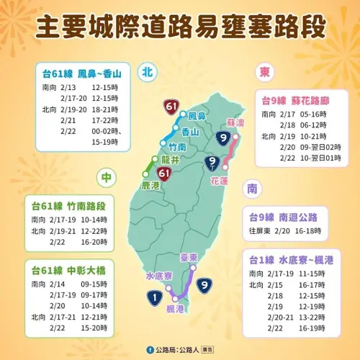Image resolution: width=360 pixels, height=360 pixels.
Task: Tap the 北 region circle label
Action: pyautogui.click(x=148, y=72)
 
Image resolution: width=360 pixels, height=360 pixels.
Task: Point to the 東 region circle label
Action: pyautogui.click(x=264, y=73)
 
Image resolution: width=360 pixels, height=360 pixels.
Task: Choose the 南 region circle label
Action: pyautogui.click(x=252, y=189)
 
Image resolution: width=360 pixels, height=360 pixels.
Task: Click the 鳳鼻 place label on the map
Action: pyautogui.click(x=196, y=115)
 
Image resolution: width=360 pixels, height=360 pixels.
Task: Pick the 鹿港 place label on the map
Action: pyautogui.click(x=150, y=185)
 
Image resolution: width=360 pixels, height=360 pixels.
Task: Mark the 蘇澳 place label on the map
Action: pyautogui.click(x=235, y=122)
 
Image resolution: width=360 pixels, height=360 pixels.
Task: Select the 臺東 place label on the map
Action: pyautogui.click(x=189, y=257)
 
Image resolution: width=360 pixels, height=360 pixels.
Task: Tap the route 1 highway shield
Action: pyautogui.click(x=156, y=294)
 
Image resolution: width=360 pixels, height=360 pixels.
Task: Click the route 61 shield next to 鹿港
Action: pyautogui.click(x=164, y=174)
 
